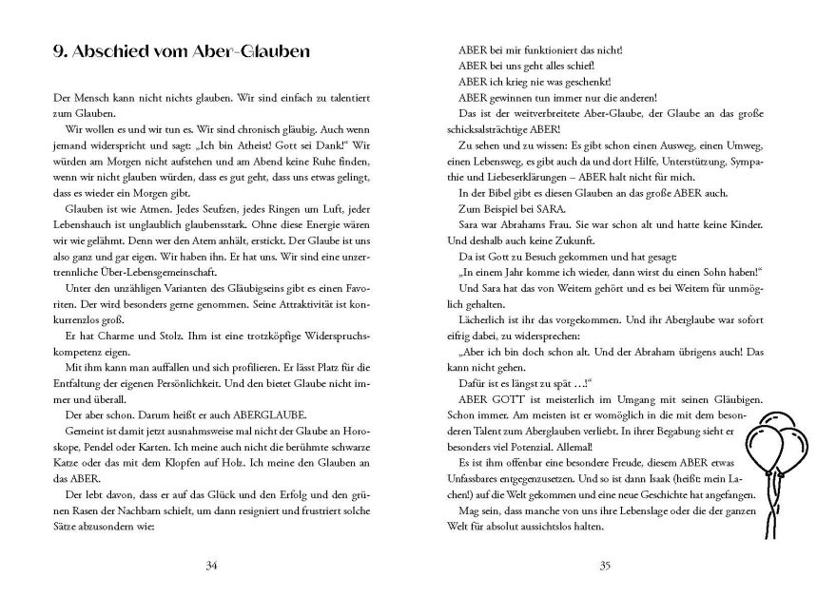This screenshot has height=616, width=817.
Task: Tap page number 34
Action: pyautogui.click(x=211, y=567)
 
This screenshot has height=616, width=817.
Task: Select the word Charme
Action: pyautogui.click(x=103, y=321)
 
